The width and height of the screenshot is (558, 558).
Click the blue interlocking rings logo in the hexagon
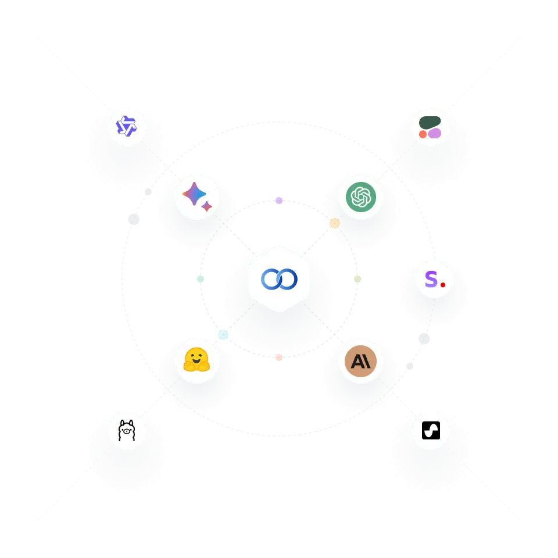coord(279,279)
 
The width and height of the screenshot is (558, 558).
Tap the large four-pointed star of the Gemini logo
coord(194,194)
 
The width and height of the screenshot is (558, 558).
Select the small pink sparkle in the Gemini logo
coord(207,206)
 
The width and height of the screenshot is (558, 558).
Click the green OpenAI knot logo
coord(360,198)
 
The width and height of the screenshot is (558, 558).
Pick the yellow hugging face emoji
coord(196,360)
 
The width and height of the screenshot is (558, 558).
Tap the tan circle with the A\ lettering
coord(360,361)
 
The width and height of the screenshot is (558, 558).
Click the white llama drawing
coord(127,431)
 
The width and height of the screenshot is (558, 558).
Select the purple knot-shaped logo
coord(126,126)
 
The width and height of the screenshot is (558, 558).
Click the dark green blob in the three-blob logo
coord(430,122)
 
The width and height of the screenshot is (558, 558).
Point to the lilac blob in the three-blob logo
coord(435,133)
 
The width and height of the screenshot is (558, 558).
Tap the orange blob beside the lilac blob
coord(423,134)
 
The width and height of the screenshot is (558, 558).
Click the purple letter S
coord(431,279)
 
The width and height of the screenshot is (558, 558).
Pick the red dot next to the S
coord(443,285)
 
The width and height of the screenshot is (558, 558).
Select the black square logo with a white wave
coord(431,431)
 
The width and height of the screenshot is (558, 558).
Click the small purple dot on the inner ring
coord(279,200)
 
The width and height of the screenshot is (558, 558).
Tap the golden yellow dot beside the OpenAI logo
coord(335,223)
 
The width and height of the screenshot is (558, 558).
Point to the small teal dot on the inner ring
coord(200,279)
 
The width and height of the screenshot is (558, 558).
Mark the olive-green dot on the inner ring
coord(357,279)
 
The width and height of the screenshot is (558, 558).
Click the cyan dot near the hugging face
coord(223,335)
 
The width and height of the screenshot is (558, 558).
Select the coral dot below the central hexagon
coord(279,357)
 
